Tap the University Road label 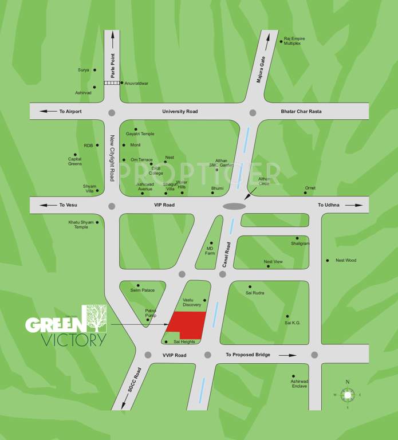click(x=180, y=111)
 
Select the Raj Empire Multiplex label click(x=294, y=41)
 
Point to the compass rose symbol click(x=347, y=394)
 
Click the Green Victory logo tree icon click(x=96, y=319)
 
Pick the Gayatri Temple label click(x=140, y=134)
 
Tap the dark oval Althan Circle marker click(x=233, y=206)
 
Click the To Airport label click(x=70, y=111)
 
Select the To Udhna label click(x=329, y=205)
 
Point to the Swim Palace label click(x=143, y=290)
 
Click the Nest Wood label click(x=345, y=261)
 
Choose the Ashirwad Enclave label click(x=298, y=383)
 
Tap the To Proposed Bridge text click(x=247, y=355)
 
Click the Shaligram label click(x=300, y=243)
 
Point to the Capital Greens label click(x=75, y=162)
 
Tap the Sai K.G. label click(x=293, y=323)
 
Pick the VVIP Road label click(x=175, y=355)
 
